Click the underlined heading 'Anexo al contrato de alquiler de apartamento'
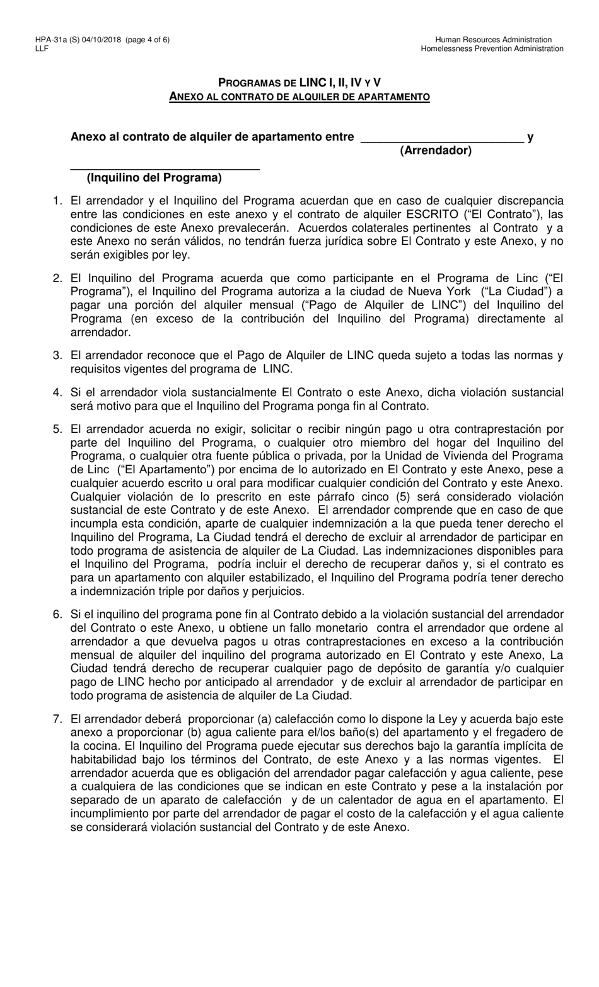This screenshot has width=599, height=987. tap(299, 97)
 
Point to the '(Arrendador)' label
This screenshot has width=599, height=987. tap(436, 150)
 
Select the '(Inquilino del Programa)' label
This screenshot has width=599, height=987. tap(154, 178)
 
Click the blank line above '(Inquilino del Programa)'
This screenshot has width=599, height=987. tap(165, 168)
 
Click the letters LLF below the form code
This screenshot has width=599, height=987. tap(43, 49)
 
